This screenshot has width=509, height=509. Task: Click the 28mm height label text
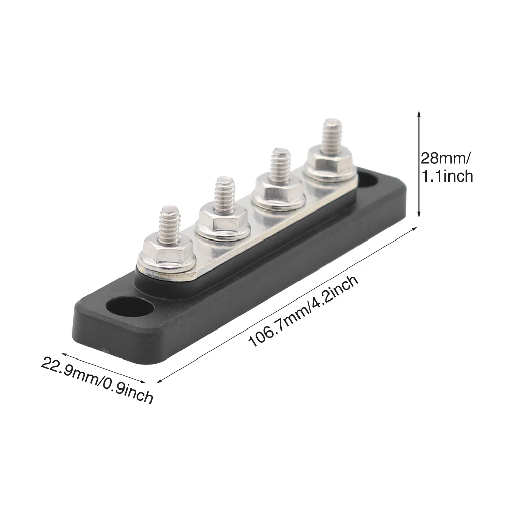pyautogui.click(x=445, y=158)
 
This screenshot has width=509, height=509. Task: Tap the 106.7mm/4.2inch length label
pyautogui.click(x=304, y=311)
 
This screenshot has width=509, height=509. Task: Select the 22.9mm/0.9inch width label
pyautogui.click(x=97, y=379)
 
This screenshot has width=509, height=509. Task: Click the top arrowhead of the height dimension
pyautogui.click(x=418, y=114)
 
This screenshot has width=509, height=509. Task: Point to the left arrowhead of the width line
pyautogui.click(x=64, y=355)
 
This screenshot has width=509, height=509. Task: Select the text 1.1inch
pyautogui.click(x=446, y=176)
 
